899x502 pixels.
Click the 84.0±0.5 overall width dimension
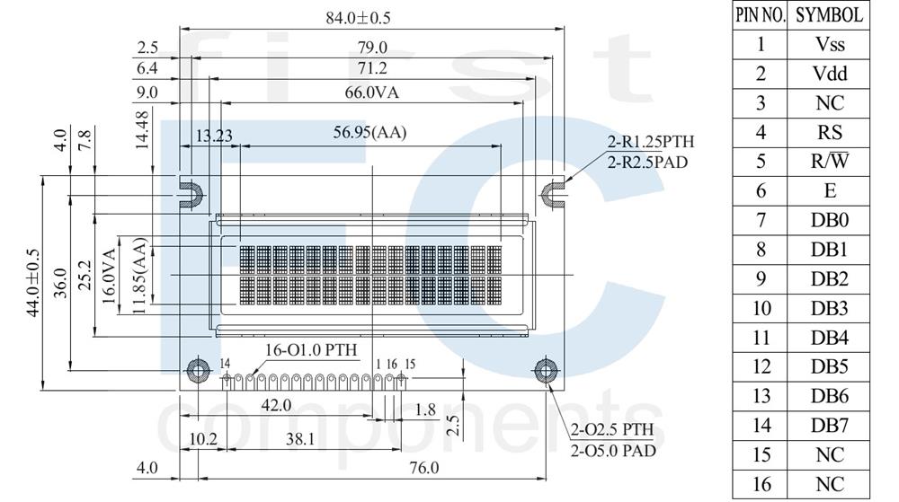click(358, 18)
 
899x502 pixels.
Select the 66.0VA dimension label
click(371, 92)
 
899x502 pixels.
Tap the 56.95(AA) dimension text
click(369, 133)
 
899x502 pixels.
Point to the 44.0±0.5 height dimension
click(33, 283)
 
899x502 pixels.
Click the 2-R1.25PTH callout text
click(651, 141)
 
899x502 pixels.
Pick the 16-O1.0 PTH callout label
click(311, 349)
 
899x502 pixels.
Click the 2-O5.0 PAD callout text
click(613, 451)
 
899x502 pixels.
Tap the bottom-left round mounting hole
click(198, 371)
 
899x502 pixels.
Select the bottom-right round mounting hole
click(546, 370)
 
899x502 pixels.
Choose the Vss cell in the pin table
click(829, 44)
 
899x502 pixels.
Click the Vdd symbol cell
click(829, 74)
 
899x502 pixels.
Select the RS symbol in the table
click(829, 132)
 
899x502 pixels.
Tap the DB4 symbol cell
click(829, 338)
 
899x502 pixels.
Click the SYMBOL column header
click(829, 15)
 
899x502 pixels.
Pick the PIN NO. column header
click(761, 15)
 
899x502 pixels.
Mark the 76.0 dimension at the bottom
click(424, 468)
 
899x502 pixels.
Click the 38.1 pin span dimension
click(300, 439)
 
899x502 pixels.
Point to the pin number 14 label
click(225, 364)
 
